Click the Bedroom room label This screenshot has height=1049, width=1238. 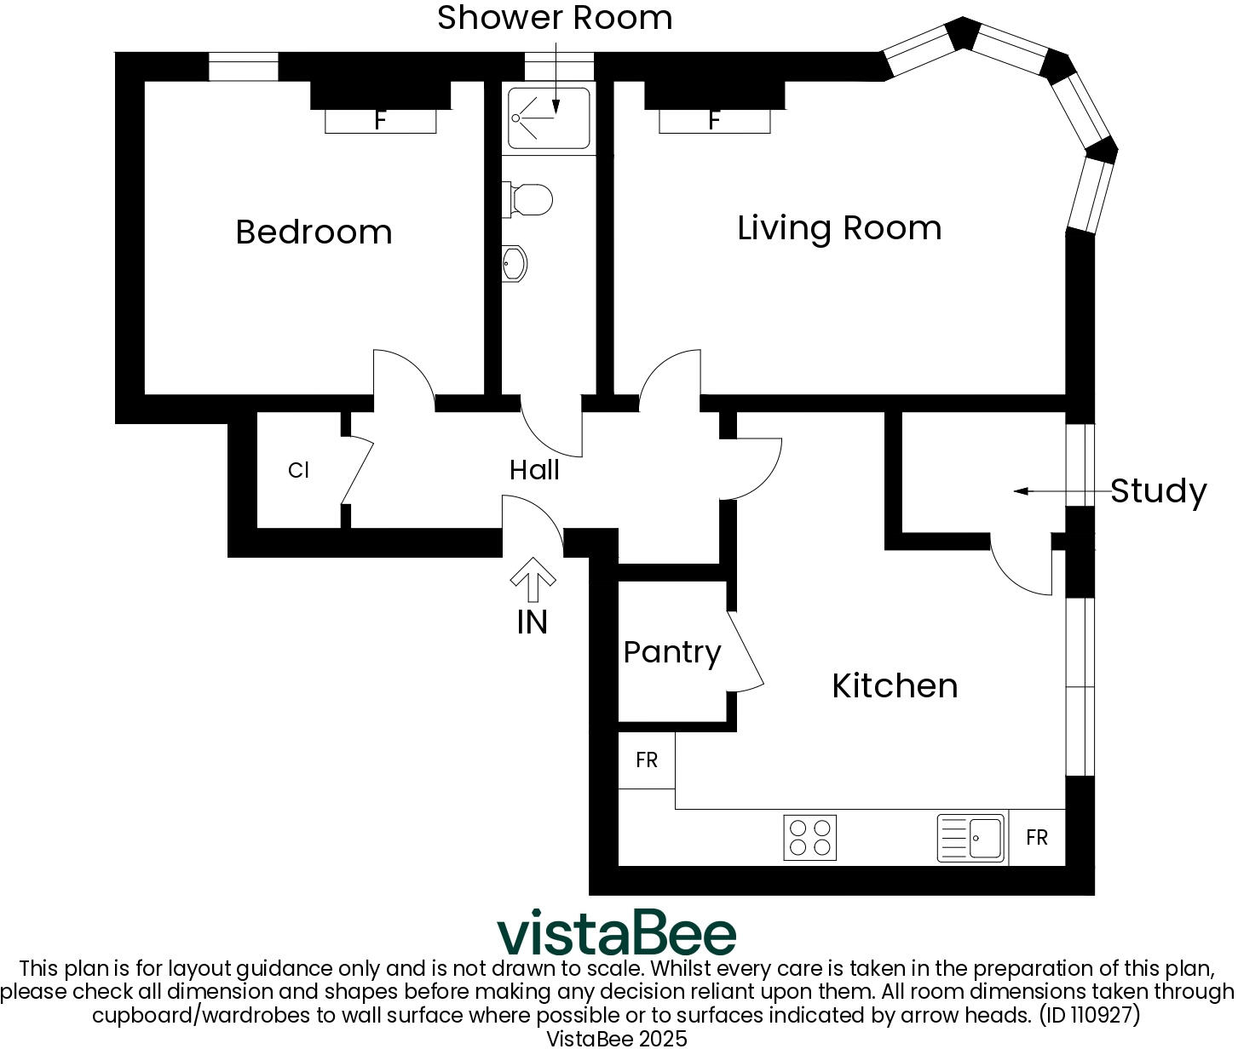pos(314,232)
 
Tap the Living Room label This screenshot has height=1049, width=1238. pos(839,228)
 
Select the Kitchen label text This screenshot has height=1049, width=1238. pos(895,685)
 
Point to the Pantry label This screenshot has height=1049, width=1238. pos(672,652)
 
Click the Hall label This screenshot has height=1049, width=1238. pos(534,470)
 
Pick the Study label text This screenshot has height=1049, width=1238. pos(1158,491)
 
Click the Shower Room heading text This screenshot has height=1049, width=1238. pos(555,18)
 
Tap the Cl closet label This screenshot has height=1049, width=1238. pos(298,471)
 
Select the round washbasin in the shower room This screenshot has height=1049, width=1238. pos(515,263)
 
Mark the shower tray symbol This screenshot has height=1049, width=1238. pos(549,118)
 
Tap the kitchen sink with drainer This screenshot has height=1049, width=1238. pos(970,838)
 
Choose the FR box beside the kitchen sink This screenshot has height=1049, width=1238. pos(1037,838)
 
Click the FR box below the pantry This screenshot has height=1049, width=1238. pos(647,760)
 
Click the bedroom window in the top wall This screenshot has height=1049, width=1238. pos(244,66)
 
